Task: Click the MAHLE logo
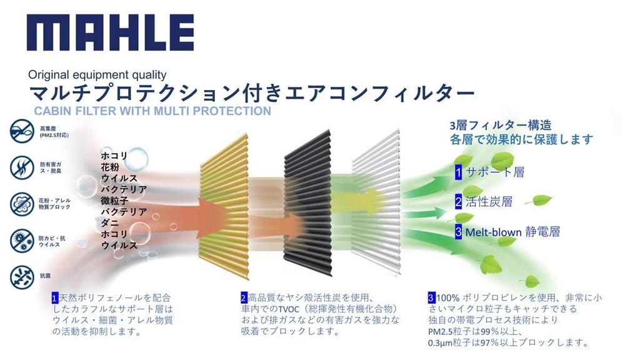(110, 32)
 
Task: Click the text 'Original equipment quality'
(97, 75)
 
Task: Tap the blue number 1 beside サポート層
(458, 172)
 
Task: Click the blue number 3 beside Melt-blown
(458, 232)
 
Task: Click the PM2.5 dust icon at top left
(21, 132)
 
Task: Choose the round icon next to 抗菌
(21, 276)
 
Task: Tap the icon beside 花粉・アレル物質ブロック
(21, 204)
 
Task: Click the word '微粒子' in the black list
(115, 201)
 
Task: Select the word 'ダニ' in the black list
(110, 223)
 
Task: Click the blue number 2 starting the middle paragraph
(244, 297)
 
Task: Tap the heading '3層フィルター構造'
(501, 125)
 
